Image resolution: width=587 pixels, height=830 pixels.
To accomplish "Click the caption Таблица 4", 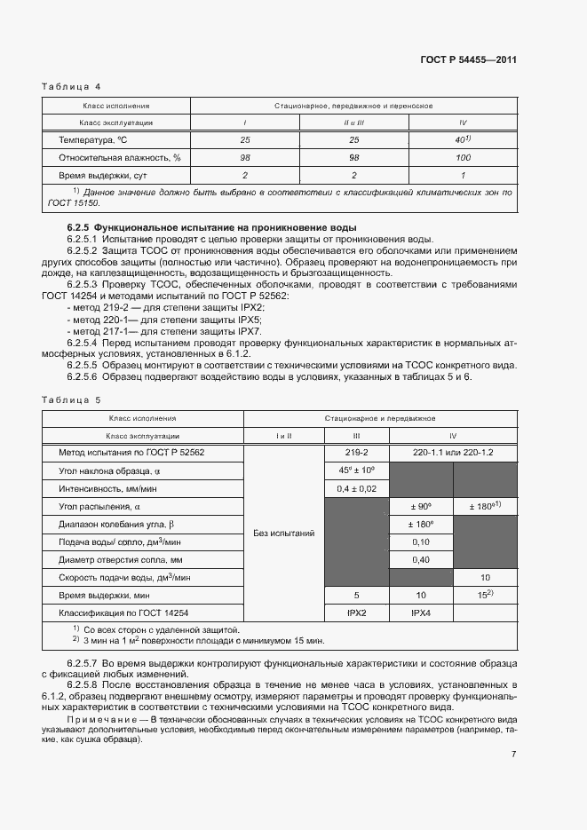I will [x=72, y=86].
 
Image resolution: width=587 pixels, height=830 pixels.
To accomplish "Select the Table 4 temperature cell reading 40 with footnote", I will [x=462, y=140].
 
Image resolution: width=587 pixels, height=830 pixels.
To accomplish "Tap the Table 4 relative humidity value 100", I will [x=462, y=158].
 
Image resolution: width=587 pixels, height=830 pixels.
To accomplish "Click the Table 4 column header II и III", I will [x=353, y=123].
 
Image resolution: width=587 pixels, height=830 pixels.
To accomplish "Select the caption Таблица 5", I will [x=72, y=400].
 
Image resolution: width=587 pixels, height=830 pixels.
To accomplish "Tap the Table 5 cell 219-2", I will [x=356, y=453].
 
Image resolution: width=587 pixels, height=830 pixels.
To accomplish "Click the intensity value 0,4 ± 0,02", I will [x=356, y=488].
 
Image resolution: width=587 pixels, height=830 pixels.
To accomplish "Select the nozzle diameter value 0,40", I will [x=420, y=559].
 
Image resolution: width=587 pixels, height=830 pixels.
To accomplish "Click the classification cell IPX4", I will [x=420, y=613].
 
